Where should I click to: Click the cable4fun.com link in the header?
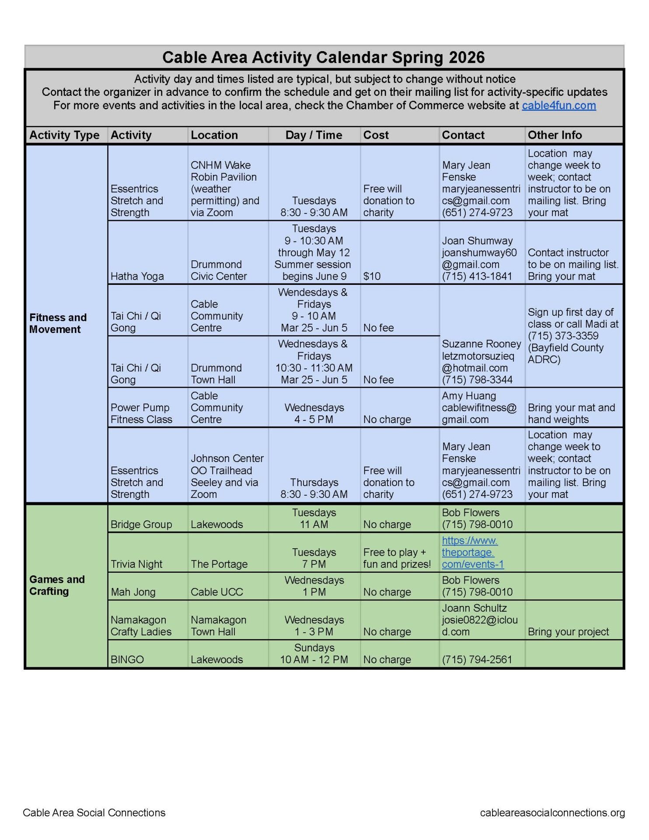(x=558, y=105)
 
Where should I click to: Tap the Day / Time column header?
(x=314, y=135)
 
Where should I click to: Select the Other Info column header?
(x=555, y=135)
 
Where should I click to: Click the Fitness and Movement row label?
(x=58, y=323)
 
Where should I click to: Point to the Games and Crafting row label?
(x=57, y=585)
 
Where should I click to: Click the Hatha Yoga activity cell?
(x=137, y=276)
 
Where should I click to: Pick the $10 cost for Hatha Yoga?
(x=372, y=276)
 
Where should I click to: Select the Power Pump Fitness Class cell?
(x=141, y=413)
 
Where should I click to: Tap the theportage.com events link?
(x=472, y=552)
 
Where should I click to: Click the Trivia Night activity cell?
(x=136, y=564)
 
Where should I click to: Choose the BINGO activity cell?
(x=127, y=659)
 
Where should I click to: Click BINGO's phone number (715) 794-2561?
(x=477, y=659)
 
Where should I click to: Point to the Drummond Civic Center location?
(x=219, y=270)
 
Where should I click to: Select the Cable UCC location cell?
(x=216, y=592)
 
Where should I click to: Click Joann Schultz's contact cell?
(x=480, y=619)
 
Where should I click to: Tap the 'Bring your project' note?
(x=568, y=632)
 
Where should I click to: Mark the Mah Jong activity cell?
(x=133, y=592)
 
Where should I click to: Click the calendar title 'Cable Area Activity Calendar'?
(x=324, y=57)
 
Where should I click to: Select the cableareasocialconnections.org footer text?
(x=552, y=812)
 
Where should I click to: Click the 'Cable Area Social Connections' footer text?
(x=94, y=812)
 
